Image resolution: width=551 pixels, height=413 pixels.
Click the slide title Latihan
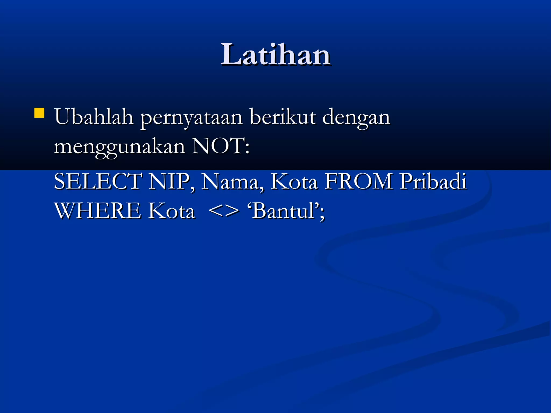275,55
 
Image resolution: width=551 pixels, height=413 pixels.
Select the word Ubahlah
94,117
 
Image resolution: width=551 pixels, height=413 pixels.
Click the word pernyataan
192,118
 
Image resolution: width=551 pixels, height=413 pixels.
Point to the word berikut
282,117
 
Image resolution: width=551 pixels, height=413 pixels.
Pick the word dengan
356,118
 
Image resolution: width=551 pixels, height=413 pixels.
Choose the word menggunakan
119,147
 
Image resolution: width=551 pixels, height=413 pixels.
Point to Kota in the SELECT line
294,182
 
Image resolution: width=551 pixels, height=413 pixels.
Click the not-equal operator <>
224,211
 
